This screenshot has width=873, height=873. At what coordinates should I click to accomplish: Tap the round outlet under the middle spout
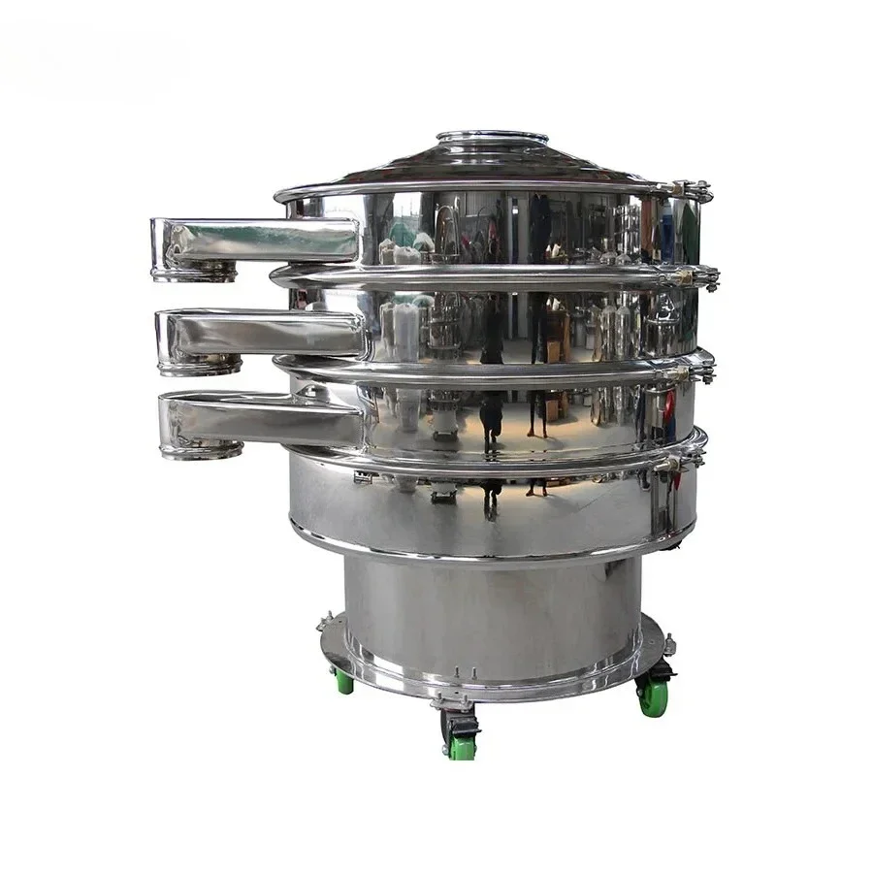201,366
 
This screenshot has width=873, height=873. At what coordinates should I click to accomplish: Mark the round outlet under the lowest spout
203,449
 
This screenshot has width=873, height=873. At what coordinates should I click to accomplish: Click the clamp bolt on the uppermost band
693,190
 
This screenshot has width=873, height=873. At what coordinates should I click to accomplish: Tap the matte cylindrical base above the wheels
493,611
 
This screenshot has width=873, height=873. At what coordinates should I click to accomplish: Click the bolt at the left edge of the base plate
326,621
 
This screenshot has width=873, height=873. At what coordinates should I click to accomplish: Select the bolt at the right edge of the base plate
669,642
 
